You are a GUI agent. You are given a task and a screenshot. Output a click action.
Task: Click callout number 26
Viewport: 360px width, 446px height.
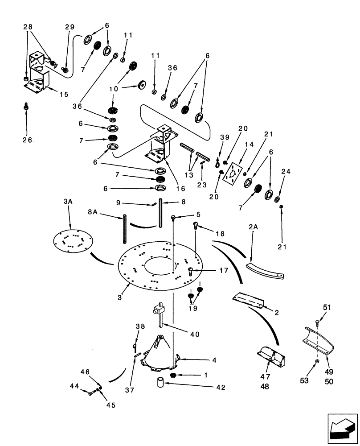pos(27,140)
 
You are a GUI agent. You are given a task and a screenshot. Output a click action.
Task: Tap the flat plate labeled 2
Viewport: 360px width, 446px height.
pos(248,300)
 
